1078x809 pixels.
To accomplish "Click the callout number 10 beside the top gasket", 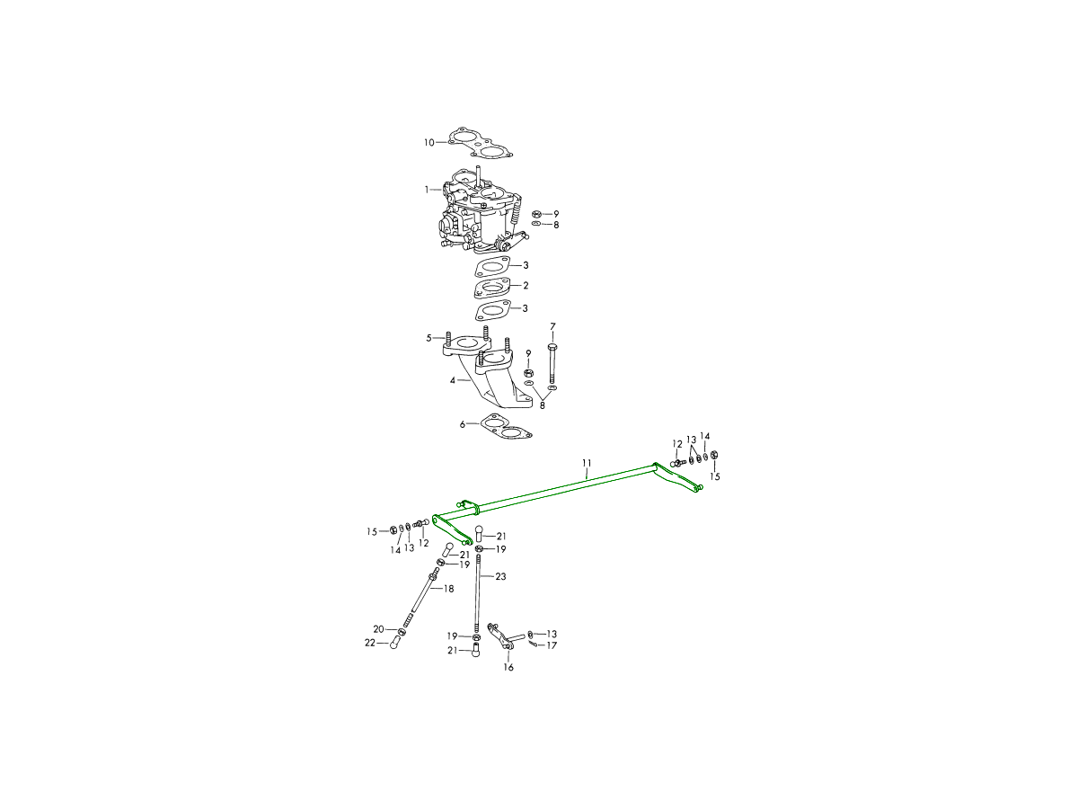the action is [429, 142].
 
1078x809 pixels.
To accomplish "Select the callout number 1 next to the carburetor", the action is [427, 189].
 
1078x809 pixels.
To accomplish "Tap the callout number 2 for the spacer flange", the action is [526, 285].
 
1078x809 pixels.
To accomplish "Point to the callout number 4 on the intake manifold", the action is [453, 380].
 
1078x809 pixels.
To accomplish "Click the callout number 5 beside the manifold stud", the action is [429, 338].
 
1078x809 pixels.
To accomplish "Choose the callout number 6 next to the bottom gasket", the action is [462, 424].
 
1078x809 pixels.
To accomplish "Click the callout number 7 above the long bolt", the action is [552, 326].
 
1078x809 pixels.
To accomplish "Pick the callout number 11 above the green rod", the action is [587, 463].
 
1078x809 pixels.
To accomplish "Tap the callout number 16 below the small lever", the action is [508, 667].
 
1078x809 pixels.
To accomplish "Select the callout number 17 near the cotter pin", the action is [552, 645].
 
